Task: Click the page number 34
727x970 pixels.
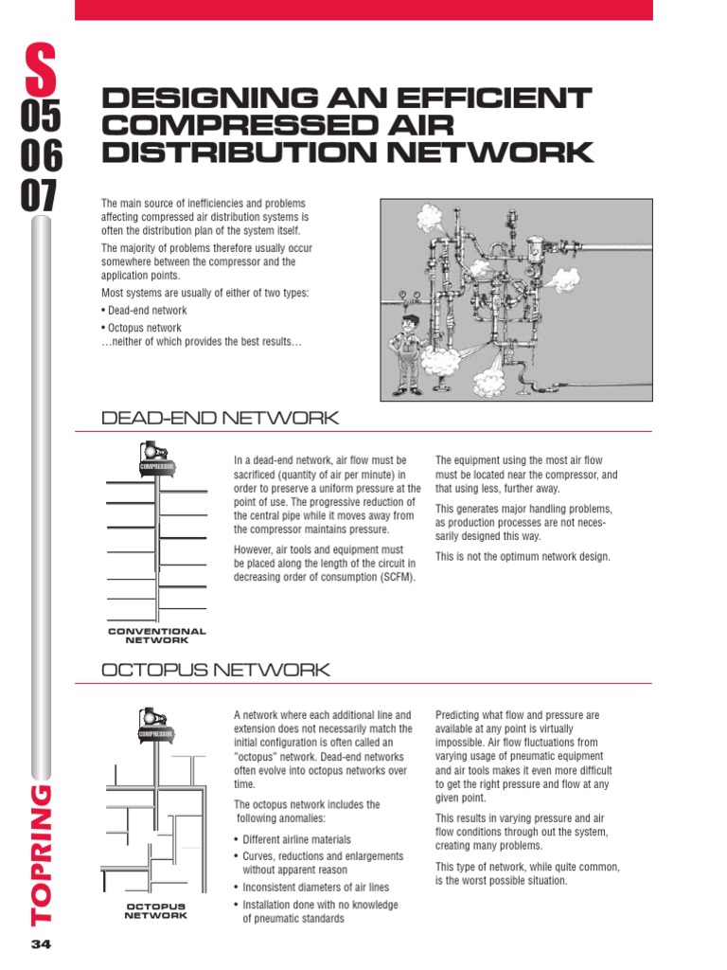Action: tap(42, 944)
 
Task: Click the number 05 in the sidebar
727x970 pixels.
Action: tap(41, 116)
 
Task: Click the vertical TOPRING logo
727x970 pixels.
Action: tap(42, 853)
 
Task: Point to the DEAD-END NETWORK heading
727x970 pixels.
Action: tap(220, 418)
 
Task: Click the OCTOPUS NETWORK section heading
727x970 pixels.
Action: tap(215, 670)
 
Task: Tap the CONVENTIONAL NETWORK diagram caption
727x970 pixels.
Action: tap(156, 635)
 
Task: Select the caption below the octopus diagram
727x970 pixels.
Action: tap(156, 911)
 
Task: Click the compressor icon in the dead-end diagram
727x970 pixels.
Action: tap(155, 457)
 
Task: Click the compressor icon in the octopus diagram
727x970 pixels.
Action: tap(155, 725)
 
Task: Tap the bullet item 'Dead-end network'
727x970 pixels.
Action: tap(147, 310)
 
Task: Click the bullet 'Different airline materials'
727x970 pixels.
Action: tap(296, 839)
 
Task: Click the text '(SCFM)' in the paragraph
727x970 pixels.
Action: tap(397, 577)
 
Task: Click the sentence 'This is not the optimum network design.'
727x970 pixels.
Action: tap(523, 556)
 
